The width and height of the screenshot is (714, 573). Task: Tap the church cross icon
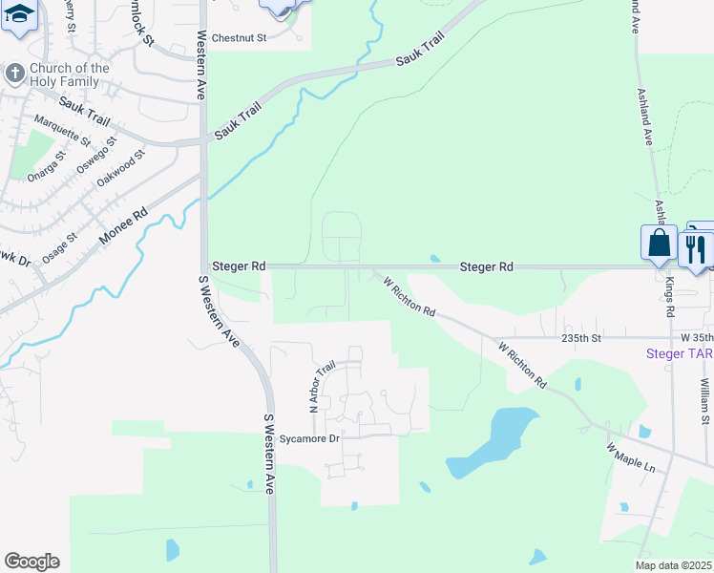(14, 74)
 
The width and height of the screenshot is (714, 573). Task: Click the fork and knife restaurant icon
(694, 248)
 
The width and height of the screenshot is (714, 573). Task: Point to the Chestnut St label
(239, 38)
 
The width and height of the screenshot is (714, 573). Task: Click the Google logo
(31, 562)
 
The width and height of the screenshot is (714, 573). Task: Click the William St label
(704, 400)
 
